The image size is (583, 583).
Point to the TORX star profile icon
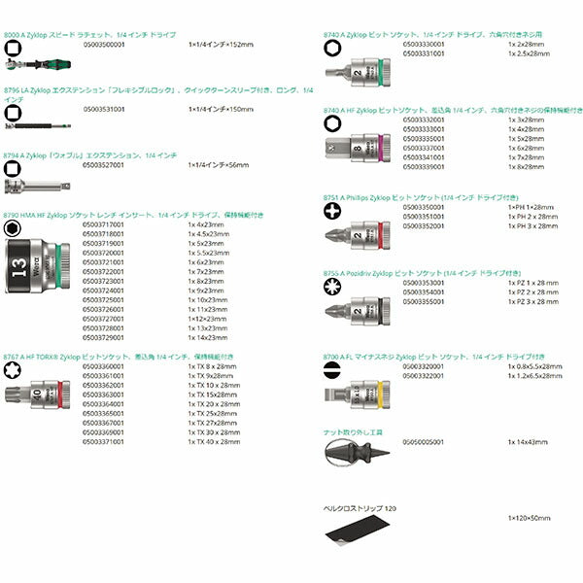[x=12, y=371]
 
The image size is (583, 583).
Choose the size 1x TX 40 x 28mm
[x=214, y=441]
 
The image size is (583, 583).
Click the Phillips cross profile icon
[x=332, y=211]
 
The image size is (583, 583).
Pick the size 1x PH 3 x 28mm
[x=532, y=225]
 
